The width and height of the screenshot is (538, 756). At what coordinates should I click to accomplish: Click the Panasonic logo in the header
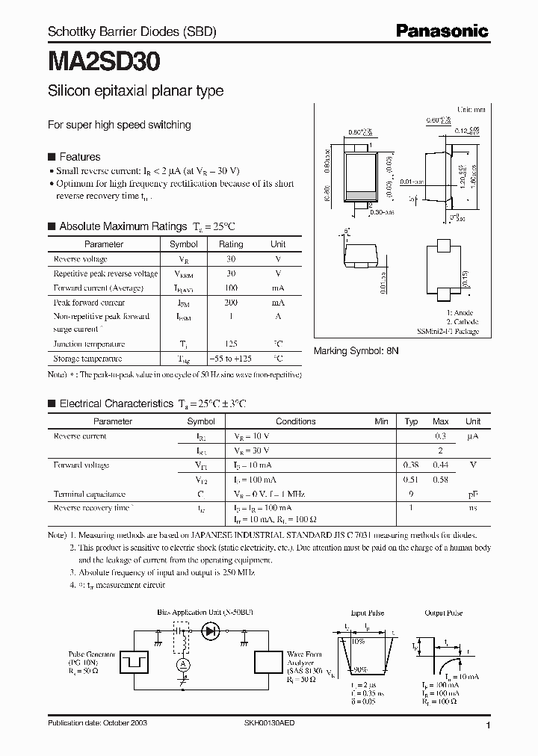click(441, 31)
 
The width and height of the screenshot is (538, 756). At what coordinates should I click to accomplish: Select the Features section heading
click(79, 157)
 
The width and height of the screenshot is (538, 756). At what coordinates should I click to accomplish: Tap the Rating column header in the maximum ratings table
click(231, 244)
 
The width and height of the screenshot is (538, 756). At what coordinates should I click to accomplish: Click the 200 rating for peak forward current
click(231, 303)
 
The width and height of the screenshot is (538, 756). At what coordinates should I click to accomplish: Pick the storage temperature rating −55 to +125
click(231, 359)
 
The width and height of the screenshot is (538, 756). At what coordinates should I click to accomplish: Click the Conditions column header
click(296, 421)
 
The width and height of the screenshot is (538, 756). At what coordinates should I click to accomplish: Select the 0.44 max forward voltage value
click(441, 465)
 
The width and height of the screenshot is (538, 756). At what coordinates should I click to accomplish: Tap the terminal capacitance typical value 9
click(411, 494)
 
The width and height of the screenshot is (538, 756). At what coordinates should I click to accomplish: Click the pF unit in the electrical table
click(472, 494)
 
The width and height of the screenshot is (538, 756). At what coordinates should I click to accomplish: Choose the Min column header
click(382, 421)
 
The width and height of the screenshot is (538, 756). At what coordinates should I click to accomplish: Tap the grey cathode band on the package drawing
click(360, 196)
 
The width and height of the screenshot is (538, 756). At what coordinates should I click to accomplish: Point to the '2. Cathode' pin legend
click(463, 322)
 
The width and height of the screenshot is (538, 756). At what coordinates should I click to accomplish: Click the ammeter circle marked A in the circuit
click(180, 664)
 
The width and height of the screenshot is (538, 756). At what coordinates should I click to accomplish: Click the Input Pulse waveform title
click(367, 613)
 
